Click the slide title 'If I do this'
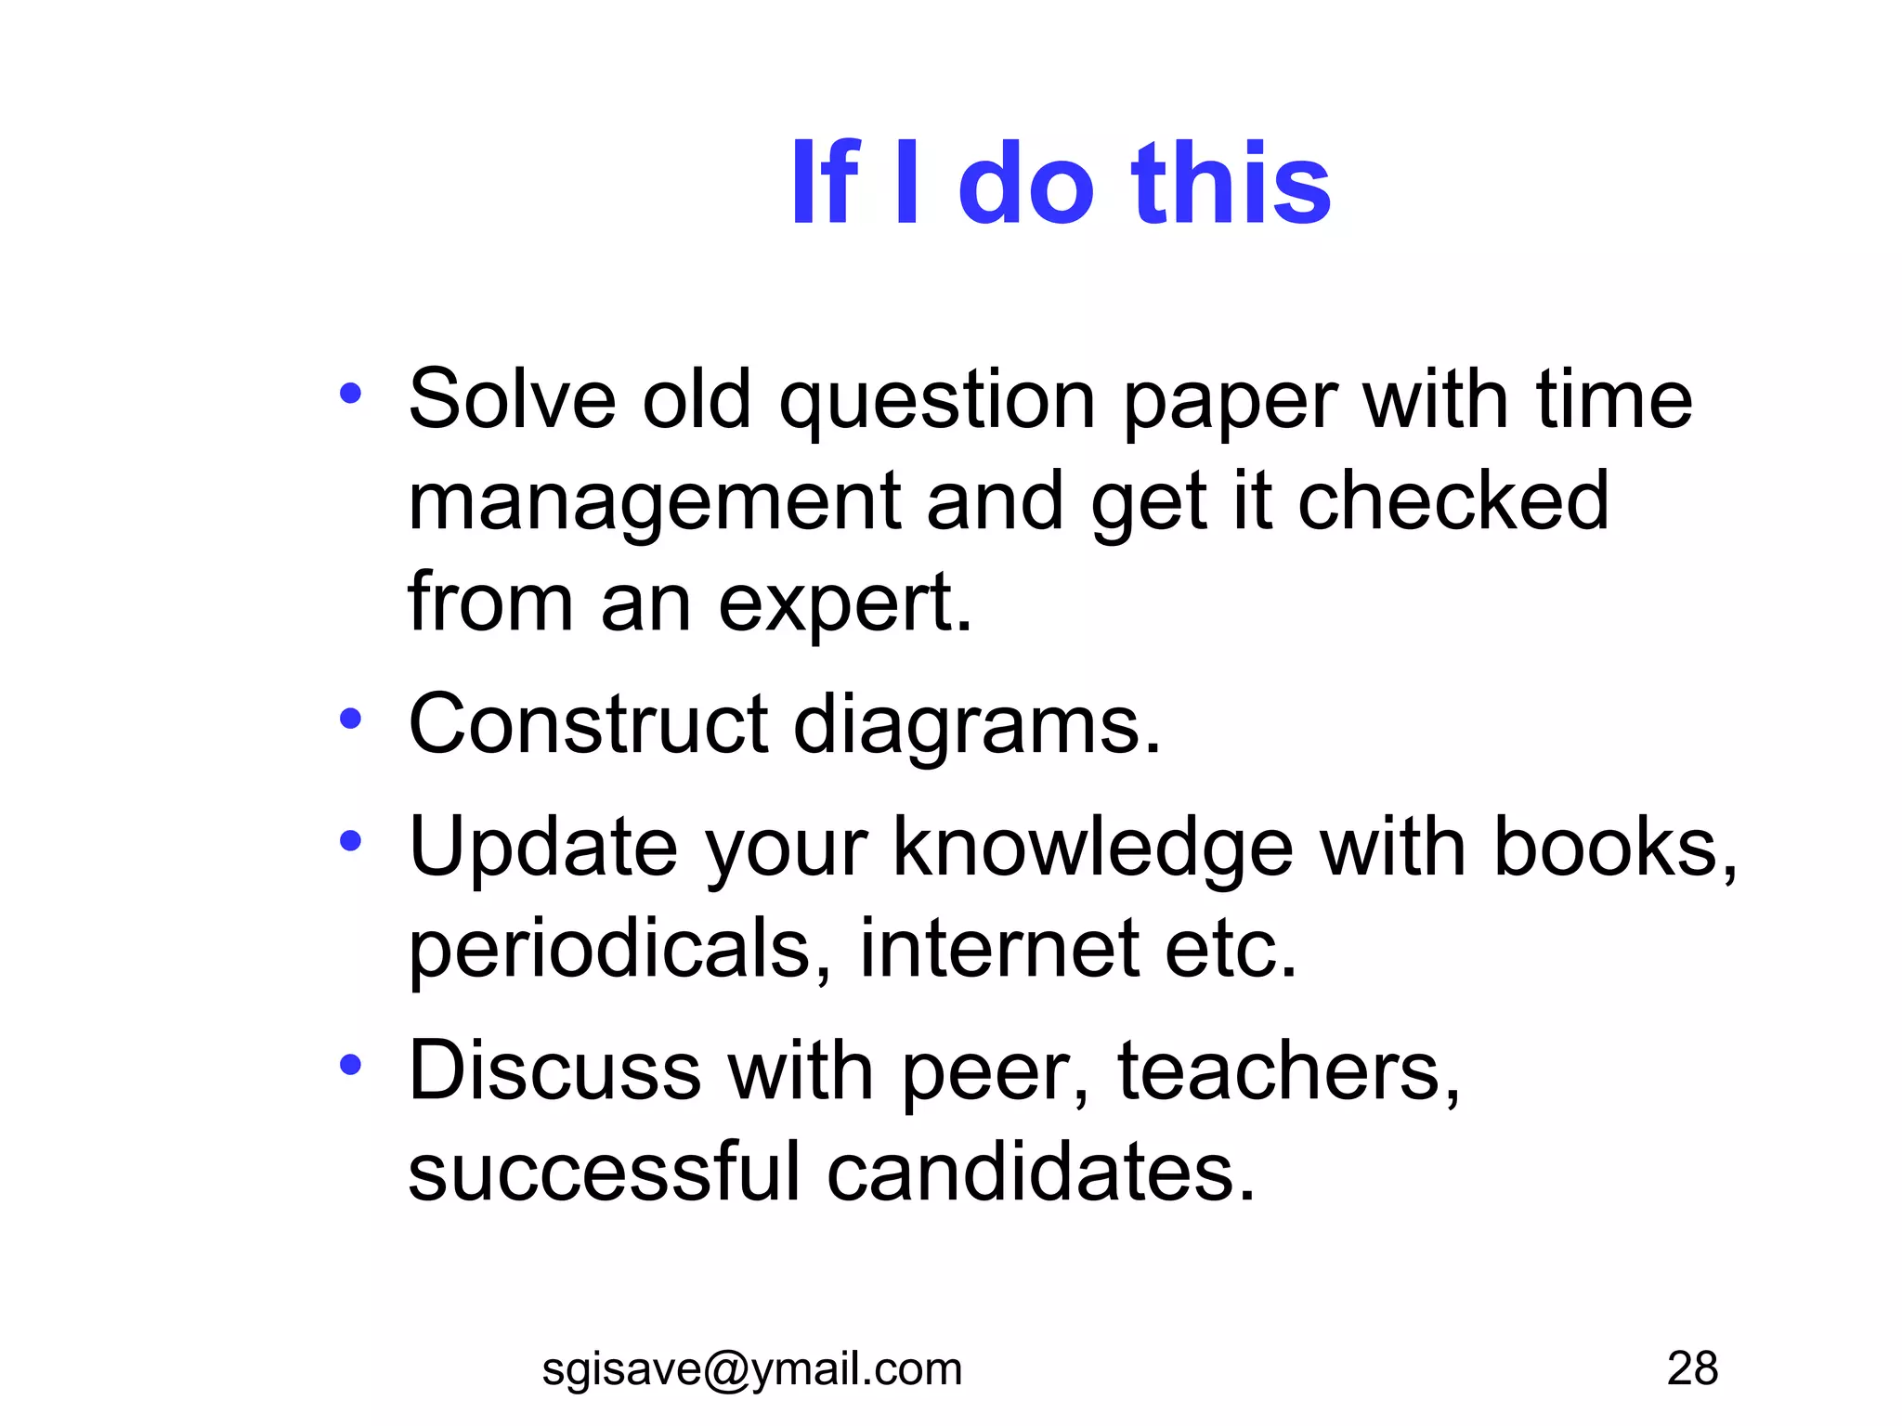pyautogui.click(x=1060, y=183)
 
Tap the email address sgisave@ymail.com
pyautogui.click(x=751, y=1368)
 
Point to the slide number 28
pyautogui.click(x=1692, y=1368)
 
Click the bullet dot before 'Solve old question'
pyautogui.click(x=350, y=394)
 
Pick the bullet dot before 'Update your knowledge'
pyautogui.click(x=350, y=841)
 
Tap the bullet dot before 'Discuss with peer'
pyautogui.click(x=350, y=1064)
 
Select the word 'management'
pyautogui.click(x=655, y=502)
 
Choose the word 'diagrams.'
pyautogui.click(x=977, y=727)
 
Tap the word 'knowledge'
pyautogui.click(x=1092, y=849)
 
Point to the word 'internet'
pyautogui.click(x=999, y=948)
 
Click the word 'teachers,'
pyautogui.click(x=1289, y=1071)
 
